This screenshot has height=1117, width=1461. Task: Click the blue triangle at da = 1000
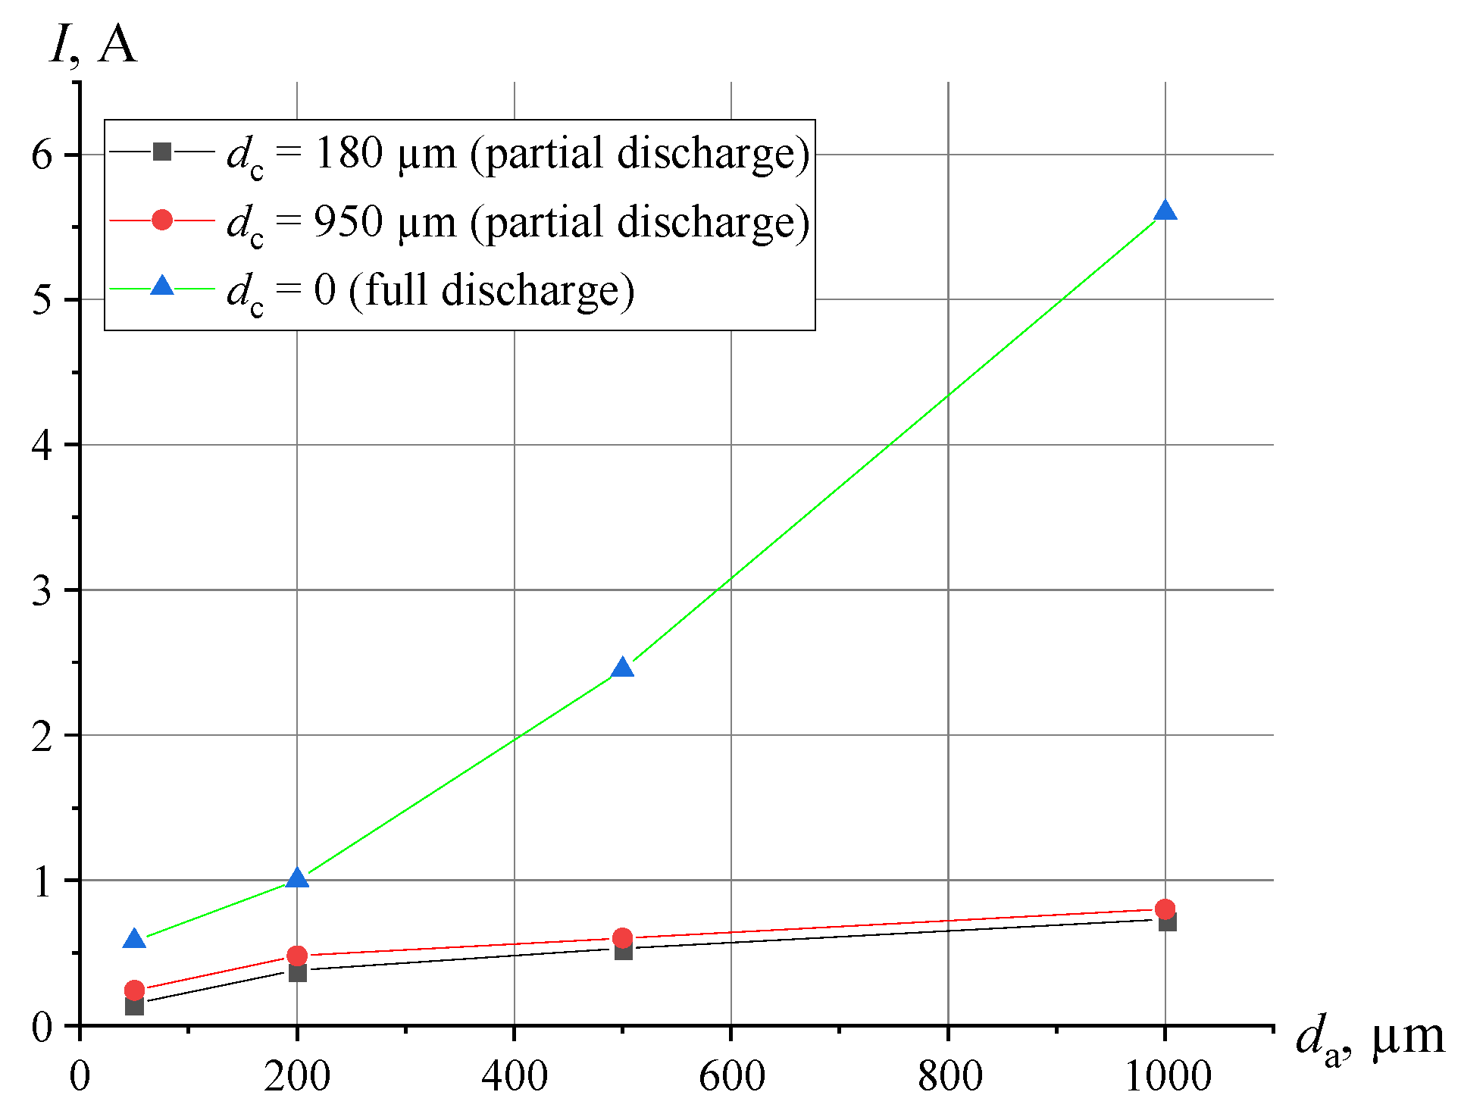click(x=1165, y=211)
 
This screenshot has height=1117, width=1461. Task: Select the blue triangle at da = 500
click(x=622, y=668)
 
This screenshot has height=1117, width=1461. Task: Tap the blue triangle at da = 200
click(x=297, y=879)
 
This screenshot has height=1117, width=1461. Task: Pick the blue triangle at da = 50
click(x=134, y=940)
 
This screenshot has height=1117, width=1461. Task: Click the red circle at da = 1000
click(x=1165, y=909)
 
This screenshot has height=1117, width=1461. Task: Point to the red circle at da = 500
click(x=622, y=938)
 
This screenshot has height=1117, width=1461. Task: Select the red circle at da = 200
click(x=297, y=956)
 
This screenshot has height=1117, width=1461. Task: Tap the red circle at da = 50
click(x=134, y=990)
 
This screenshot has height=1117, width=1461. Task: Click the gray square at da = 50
click(x=134, y=1006)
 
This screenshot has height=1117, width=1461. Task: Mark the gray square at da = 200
click(x=298, y=972)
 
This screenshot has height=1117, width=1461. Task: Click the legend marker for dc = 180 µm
click(x=161, y=152)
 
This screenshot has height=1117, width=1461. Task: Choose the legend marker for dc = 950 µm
click(x=161, y=221)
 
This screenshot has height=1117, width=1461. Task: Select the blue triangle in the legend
click(x=161, y=286)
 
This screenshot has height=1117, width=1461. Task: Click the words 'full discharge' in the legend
click(x=491, y=290)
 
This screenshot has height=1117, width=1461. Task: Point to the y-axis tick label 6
click(x=42, y=155)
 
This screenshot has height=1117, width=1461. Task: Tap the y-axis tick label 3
click(x=42, y=590)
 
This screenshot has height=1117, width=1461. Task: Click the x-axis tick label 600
click(x=731, y=1077)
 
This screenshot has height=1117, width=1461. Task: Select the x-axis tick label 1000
click(x=1168, y=1077)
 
